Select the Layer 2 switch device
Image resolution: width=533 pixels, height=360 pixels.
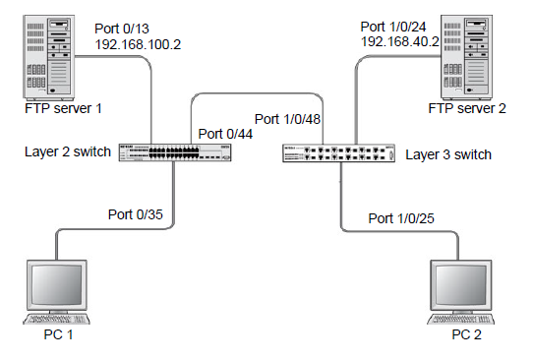coord(175,153)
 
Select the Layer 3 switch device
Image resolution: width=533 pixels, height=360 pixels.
coord(339,154)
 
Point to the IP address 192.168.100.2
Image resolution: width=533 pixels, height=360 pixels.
coord(138,45)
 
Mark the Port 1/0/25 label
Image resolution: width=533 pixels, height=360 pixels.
coord(401,217)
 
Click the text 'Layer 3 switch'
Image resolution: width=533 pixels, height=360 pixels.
coord(447,154)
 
